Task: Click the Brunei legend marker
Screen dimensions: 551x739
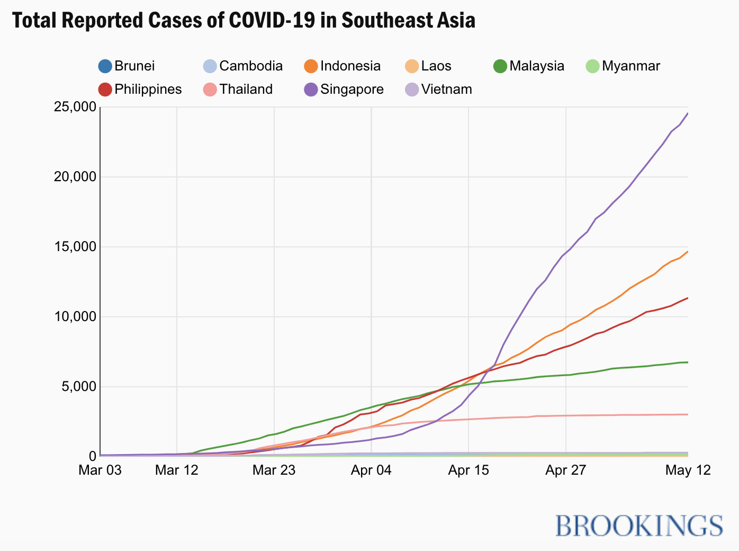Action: pyautogui.click(x=105, y=66)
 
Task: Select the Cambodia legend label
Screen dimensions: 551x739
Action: pyautogui.click(x=250, y=66)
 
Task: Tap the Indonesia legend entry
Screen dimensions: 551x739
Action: pyautogui.click(x=350, y=66)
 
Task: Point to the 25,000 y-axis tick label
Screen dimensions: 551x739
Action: pyautogui.click(x=75, y=107)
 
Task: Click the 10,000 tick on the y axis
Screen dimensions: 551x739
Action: pyautogui.click(x=75, y=316)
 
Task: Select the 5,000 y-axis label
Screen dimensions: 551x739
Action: pyautogui.click(x=78, y=386)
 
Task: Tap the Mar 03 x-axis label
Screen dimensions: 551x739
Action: pyautogui.click(x=100, y=470)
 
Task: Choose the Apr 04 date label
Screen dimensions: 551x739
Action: pyautogui.click(x=371, y=470)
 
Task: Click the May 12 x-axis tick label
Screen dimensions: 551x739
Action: pyautogui.click(x=688, y=470)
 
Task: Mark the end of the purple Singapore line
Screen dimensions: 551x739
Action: pyautogui.click(x=688, y=113)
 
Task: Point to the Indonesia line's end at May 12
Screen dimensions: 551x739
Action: pyautogui.click(x=688, y=252)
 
